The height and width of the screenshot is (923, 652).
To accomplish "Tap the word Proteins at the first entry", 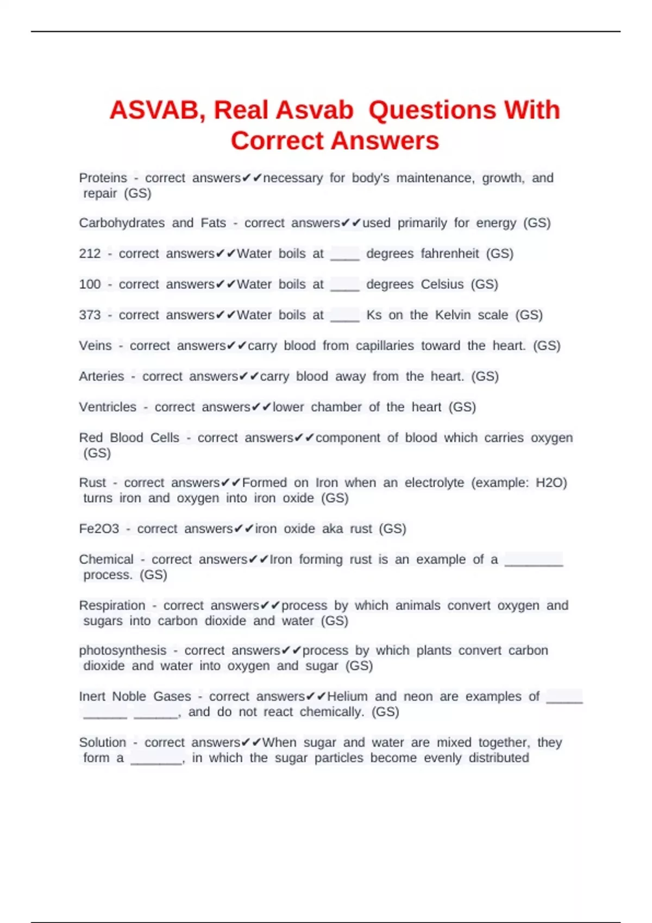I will (103, 178).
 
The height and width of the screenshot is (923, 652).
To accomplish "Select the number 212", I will (90, 254).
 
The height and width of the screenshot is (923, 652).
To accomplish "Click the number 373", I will (90, 315).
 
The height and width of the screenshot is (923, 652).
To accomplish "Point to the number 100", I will (90, 285).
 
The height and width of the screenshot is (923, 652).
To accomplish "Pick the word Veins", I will (95, 346).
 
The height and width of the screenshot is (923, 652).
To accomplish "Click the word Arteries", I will (102, 376).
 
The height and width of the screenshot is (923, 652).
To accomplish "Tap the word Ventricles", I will (108, 407).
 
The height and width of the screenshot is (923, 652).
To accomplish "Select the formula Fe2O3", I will (99, 529).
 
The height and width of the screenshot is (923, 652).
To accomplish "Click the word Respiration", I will (112, 605).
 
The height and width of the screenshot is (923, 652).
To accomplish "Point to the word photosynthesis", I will (123, 650).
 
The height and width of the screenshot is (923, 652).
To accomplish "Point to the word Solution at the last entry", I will (102, 743).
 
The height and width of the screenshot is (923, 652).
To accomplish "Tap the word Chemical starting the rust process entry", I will (106, 560).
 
